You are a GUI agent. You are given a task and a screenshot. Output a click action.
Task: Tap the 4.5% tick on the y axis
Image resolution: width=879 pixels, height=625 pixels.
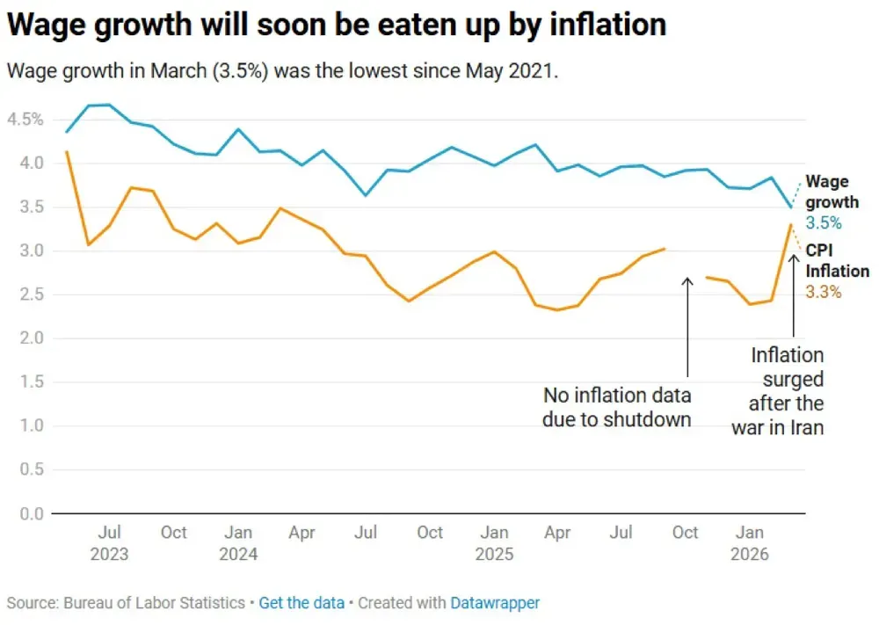click(x=25, y=120)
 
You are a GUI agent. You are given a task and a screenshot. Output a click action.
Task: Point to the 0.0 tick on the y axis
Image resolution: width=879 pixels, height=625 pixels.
click(x=30, y=514)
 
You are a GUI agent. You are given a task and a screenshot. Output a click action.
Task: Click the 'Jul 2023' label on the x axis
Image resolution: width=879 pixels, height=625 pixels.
click(x=109, y=543)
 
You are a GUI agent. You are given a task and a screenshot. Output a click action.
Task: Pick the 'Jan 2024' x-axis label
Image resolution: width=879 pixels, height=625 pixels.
click(x=238, y=543)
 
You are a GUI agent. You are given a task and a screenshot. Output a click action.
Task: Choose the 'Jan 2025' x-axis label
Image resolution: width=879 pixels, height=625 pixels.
click(x=494, y=543)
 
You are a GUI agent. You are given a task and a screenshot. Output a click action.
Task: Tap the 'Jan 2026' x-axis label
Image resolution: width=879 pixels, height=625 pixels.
click(x=750, y=543)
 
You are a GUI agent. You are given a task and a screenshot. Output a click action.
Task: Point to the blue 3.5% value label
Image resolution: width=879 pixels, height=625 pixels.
click(x=824, y=223)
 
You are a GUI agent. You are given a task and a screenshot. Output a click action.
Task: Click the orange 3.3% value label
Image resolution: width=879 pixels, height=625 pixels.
click(x=824, y=292)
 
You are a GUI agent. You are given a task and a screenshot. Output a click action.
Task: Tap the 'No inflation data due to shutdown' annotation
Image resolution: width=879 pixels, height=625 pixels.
click(x=617, y=407)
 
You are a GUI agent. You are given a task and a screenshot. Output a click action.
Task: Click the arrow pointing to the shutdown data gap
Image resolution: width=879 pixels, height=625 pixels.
click(x=688, y=325)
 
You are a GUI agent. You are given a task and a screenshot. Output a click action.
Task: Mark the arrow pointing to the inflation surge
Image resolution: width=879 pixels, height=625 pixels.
click(x=794, y=294)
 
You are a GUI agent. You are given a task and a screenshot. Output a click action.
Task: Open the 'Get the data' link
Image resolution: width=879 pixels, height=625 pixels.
click(x=301, y=603)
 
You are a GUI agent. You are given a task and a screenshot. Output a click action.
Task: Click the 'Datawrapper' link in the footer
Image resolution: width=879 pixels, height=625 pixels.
click(x=495, y=603)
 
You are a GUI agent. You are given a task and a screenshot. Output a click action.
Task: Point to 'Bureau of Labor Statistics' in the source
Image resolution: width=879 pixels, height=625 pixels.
click(x=155, y=603)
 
